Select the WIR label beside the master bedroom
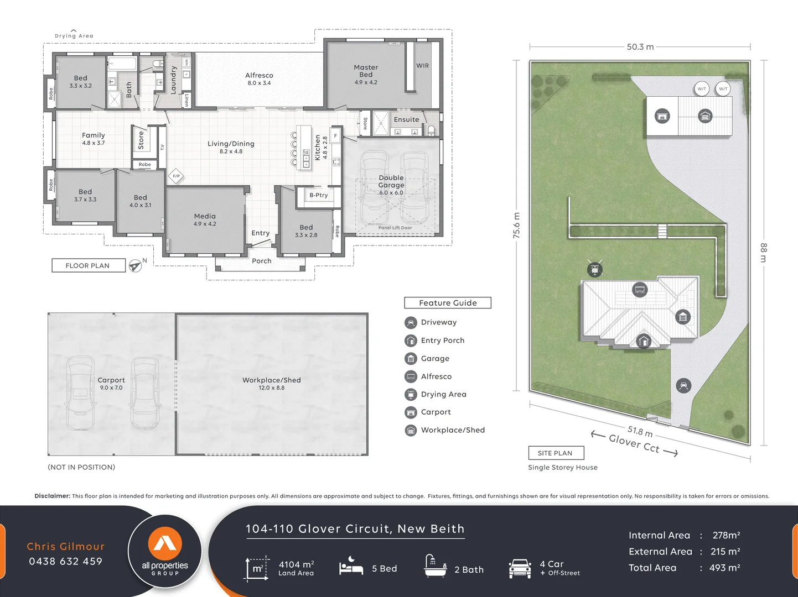[x=422, y=66]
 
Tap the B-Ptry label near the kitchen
[x=318, y=195]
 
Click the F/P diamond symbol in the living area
[x=176, y=176]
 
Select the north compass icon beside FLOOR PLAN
[x=136, y=266]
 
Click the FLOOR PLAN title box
[x=88, y=266]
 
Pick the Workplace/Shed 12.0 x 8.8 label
[x=271, y=384]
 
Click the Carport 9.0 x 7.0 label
[x=111, y=384]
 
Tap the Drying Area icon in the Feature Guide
[x=411, y=395]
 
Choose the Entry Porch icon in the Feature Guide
[x=411, y=341]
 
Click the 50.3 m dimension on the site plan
[x=640, y=47]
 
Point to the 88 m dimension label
[x=764, y=253]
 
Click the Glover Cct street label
[x=634, y=444]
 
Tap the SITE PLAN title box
[x=556, y=453]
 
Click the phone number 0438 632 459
[x=66, y=562]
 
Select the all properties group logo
[x=165, y=552]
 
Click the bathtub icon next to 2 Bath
[x=435, y=567]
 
